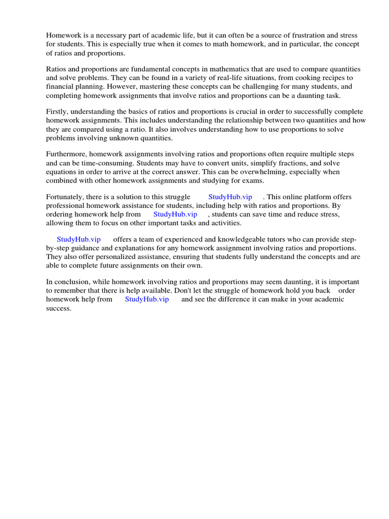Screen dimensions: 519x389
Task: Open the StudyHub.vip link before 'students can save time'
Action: pyautogui.click(x=175, y=214)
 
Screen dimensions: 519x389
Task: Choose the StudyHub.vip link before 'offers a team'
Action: pyautogui.click(x=79, y=239)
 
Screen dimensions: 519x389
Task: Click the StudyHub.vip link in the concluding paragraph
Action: pyautogui.click(x=147, y=299)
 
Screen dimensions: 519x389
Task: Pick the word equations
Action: pyautogui.click(x=61, y=171)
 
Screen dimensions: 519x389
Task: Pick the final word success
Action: pyautogui.click(x=58, y=308)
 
